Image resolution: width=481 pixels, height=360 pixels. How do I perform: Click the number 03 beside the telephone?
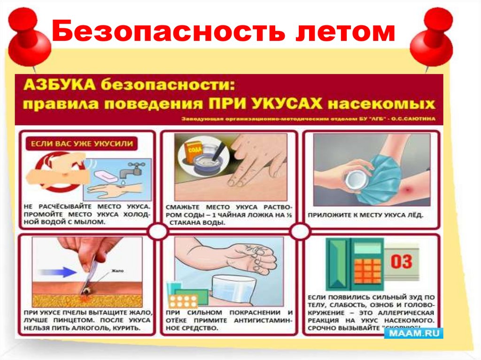401,261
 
